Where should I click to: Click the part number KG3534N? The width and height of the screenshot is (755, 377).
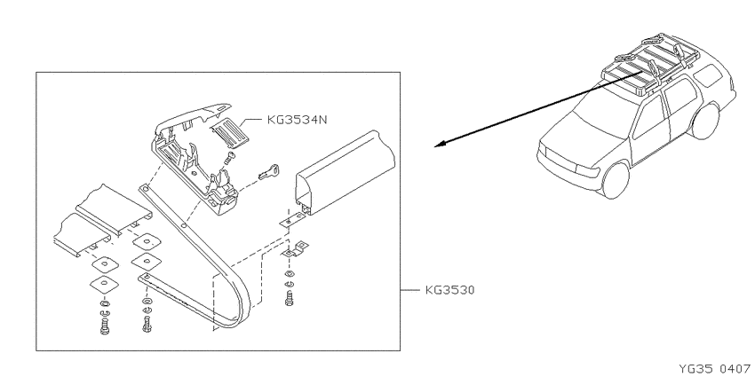tap(297, 120)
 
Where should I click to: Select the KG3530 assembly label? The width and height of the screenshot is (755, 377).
tap(449, 290)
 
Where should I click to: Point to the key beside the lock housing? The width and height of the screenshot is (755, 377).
tap(269, 172)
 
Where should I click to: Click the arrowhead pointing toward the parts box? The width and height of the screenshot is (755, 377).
tap(440, 144)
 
